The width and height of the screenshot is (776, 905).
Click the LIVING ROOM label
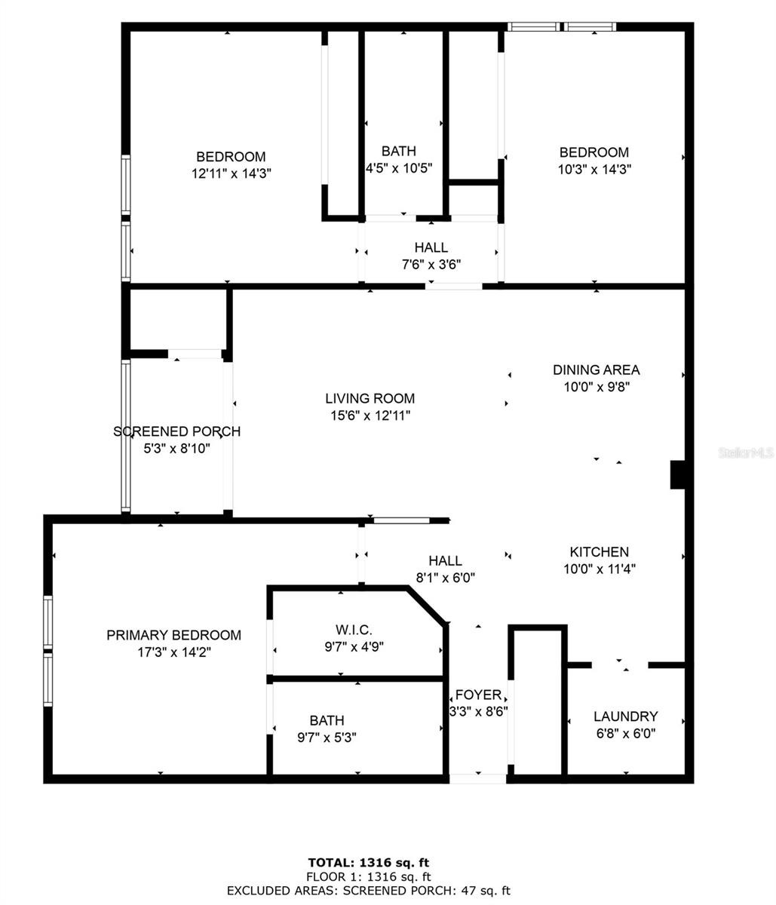[370, 398]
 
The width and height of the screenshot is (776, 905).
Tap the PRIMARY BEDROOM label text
[173, 635]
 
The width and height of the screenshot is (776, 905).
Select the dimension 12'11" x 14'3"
[231, 173]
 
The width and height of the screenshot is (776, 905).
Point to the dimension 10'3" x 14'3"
[594, 170]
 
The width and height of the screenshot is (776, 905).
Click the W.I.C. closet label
[354, 630]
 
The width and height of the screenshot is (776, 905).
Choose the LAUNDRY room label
[625, 716]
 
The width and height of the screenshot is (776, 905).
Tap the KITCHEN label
[599, 552]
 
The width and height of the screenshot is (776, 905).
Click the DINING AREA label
[596, 370]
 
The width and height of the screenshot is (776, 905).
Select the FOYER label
[478, 695]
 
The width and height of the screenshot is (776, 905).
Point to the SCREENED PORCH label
[176, 431]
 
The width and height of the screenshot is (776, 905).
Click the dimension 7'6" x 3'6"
[431, 264]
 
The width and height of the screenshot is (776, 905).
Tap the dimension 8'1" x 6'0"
[445, 578]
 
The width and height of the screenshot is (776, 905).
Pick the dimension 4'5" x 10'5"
[398, 168]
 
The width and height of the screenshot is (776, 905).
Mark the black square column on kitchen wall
[677, 475]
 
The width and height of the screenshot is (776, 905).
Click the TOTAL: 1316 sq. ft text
[369, 862]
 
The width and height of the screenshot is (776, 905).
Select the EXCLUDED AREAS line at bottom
[369, 891]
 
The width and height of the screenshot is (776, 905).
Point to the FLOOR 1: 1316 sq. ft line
[369, 876]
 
